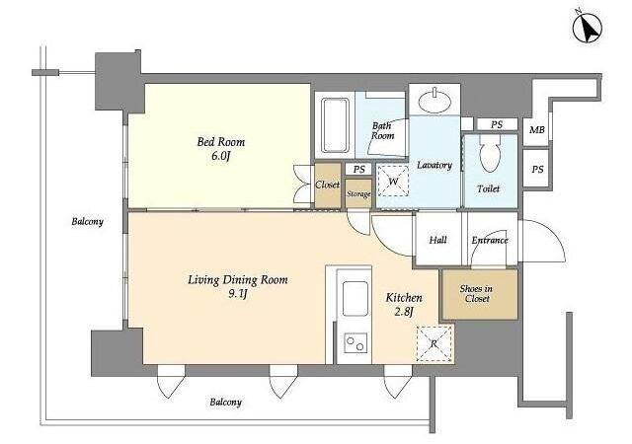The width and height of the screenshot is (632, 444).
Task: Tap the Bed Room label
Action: point(220,142)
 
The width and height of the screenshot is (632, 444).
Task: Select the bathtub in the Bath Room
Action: point(335,125)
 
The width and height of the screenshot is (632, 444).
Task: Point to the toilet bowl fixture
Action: point(490,153)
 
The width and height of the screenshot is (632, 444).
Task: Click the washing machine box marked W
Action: point(393,181)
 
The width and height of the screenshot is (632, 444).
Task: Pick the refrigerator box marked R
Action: point(434,343)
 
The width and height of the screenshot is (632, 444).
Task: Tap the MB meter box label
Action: point(536,129)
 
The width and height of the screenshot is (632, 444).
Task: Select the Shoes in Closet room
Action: point(480,295)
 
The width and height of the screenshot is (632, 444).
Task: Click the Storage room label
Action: point(358,193)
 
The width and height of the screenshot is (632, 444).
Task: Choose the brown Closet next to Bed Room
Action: point(328,185)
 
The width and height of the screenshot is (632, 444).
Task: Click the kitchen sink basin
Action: point(355,298)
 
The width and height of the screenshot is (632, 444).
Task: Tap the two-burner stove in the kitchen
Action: point(355,343)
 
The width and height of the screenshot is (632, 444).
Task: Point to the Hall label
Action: point(437,240)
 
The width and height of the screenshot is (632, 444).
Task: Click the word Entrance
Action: point(490,240)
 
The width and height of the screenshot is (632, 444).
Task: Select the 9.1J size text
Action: point(238,294)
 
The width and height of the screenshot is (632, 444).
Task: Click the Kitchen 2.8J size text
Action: point(404,312)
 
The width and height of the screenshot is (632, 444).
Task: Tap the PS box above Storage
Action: point(358,170)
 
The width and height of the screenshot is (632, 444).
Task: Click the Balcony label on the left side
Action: point(88,222)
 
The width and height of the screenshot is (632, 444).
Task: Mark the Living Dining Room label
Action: point(238,279)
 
